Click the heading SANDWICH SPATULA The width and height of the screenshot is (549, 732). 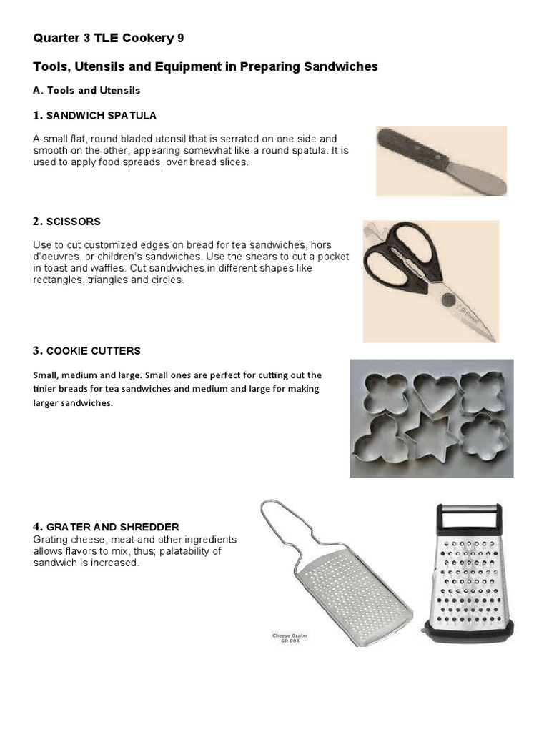click(x=101, y=116)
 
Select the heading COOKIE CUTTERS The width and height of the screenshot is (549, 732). click(x=93, y=351)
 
